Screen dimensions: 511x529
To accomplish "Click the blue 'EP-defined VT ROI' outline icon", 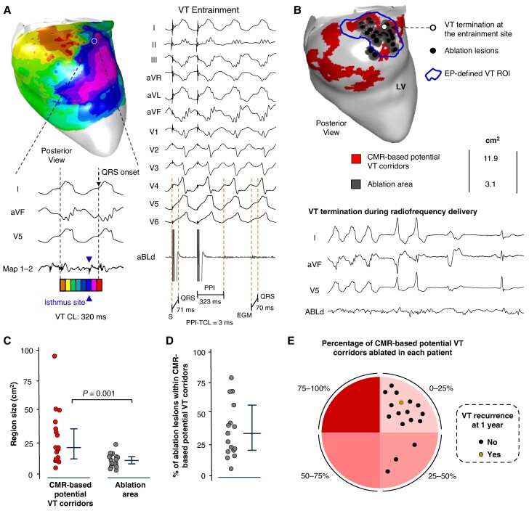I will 434,75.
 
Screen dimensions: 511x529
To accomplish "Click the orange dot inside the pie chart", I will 400,401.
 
